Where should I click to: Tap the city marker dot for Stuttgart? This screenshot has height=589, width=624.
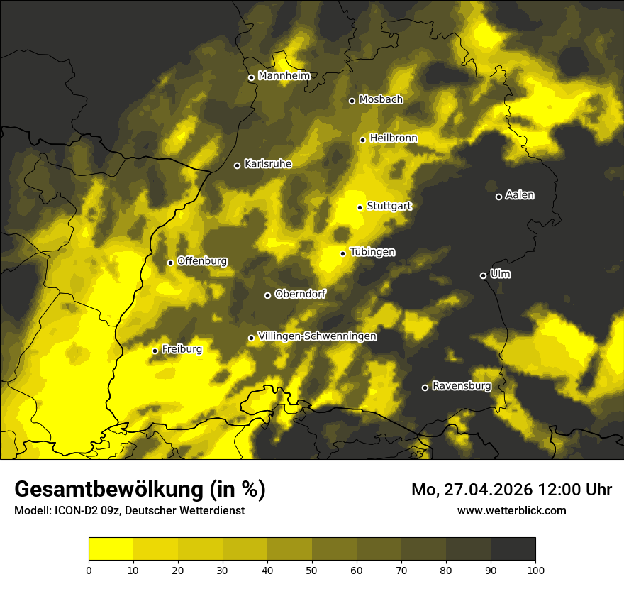(x=360, y=207)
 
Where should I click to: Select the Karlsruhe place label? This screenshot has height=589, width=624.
(x=267, y=164)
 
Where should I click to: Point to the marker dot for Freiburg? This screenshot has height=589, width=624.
(x=155, y=351)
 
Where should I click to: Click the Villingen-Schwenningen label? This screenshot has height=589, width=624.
(x=317, y=336)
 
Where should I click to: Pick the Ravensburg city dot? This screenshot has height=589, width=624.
(x=425, y=387)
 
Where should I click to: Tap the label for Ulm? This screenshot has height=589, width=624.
(x=500, y=274)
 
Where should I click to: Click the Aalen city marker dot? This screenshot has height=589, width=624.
(x=498, y=197)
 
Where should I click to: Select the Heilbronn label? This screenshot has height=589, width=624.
(x=394, y=138)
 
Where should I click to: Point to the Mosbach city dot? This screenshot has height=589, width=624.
(x=352, y=101)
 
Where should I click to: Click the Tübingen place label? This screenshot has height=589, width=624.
(x=372, y=252)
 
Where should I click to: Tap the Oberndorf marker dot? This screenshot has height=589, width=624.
(x=267, y=295)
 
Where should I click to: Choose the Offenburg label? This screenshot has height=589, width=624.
(x=202, y=261)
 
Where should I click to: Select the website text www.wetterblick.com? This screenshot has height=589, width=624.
(x=511, y=510)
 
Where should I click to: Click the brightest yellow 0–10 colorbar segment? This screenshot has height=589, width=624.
(x=111, y=549)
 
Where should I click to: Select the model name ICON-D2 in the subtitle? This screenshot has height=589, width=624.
(x=74, y=510)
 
